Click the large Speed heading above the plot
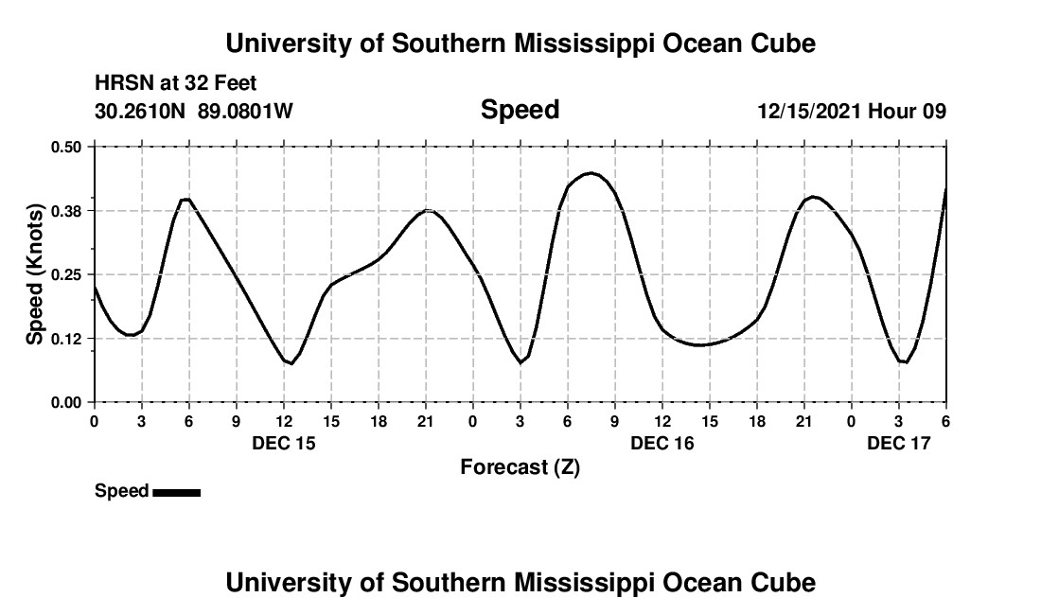click(x=520, y=110)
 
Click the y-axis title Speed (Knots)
click(x=35, y=273)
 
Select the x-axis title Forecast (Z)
click(x=520, y=466)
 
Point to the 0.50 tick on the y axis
click(x=67, y=147)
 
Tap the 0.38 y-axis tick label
click(x=67, y=210)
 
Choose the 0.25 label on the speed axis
click(x=67, y=274)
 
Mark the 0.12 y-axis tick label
click(x=67, y=339)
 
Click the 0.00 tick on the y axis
click(x=67, y=403)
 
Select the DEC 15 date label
click(x=284, y=443)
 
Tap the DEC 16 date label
click(x=662, y=443)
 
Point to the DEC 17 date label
click(x=899, y=443)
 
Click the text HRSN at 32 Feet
click(x=176, y=84)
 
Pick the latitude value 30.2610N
click(x=141, y=112)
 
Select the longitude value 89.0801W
click(x=245, y=112)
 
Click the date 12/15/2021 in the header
click(x=810, y=112)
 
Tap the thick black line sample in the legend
click(x=176, y=492)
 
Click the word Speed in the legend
click(x=121, y=491)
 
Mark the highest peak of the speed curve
click(x=591, y=173)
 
